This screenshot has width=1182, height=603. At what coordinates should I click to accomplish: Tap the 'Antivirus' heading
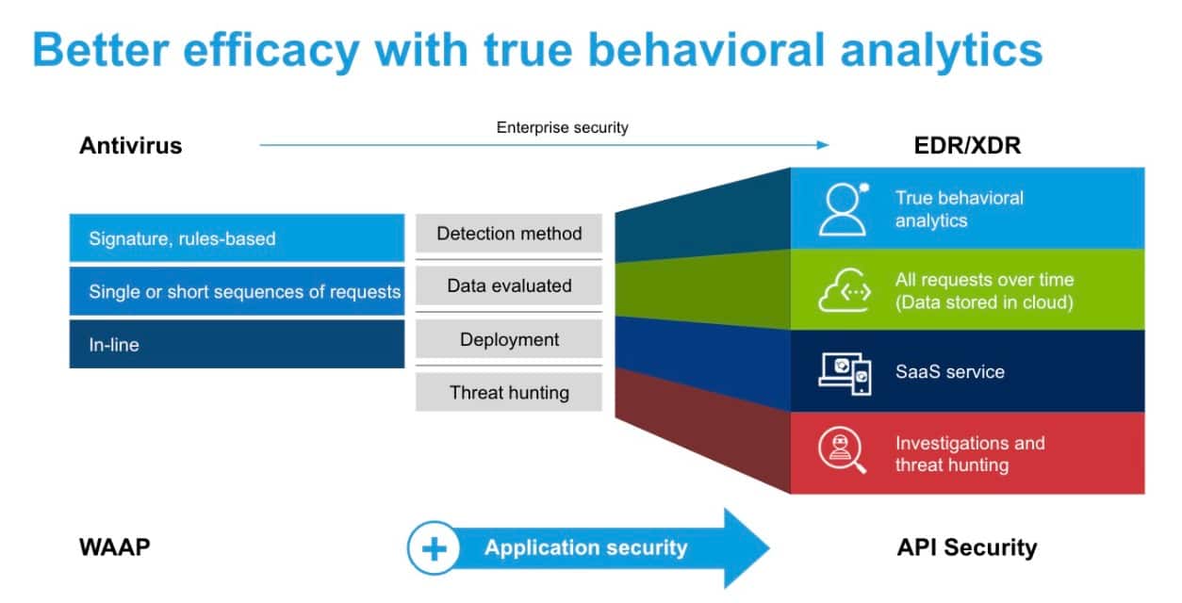pos(130,146)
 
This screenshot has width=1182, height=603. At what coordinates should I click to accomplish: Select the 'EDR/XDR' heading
pos(966,146)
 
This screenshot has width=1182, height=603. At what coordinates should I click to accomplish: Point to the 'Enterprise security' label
pos(562,128)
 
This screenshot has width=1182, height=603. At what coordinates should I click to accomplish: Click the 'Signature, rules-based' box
pos(237,238)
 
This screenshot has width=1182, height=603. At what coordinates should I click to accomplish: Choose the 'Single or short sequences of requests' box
pos(237,292)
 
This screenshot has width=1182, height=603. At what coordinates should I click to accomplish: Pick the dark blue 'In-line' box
pos(237,345)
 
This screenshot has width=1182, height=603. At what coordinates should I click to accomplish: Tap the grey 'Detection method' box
pos(509,234)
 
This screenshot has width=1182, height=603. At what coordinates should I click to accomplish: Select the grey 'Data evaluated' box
pos(509,286)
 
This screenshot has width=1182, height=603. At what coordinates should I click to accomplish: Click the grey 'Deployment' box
pos(509,339)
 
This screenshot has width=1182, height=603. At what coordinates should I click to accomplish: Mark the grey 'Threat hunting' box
pos(509,392)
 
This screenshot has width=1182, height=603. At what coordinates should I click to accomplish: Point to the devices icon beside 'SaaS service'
pos(844,372)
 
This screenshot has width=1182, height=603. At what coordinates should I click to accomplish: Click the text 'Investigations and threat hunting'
pos(969,454)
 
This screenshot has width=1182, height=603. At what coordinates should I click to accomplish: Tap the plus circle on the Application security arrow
pos(435,548)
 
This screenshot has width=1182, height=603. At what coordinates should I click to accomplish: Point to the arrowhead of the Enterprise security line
pos(823,145)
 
